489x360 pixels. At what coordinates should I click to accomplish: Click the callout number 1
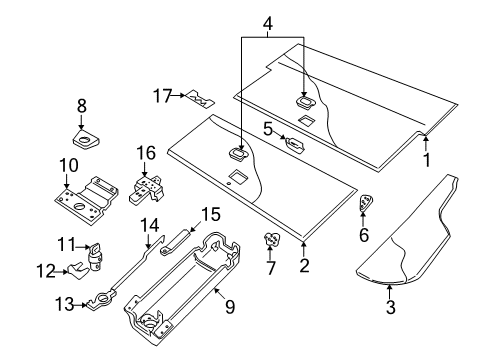[427, 160]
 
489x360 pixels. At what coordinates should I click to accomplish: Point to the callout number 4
[267, 22]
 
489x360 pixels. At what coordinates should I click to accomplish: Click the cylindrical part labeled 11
[96, 257]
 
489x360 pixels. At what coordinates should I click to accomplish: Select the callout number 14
[149, 225]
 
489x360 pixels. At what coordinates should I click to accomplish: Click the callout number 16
[147, 152]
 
